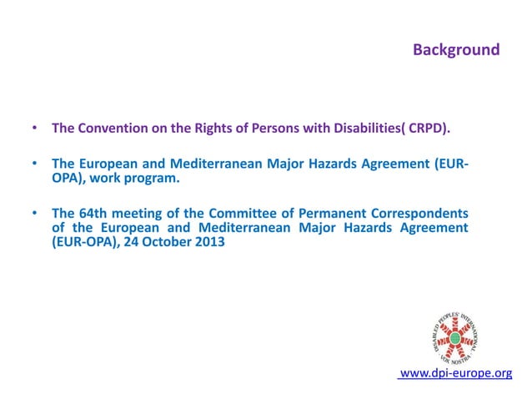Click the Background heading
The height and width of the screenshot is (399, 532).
point(456,50)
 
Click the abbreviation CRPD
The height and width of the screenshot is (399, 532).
point(427,129)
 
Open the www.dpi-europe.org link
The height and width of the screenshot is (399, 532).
point(456,372)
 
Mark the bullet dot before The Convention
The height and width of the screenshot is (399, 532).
point(34,129)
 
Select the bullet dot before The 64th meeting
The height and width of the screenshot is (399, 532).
point(34,213)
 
